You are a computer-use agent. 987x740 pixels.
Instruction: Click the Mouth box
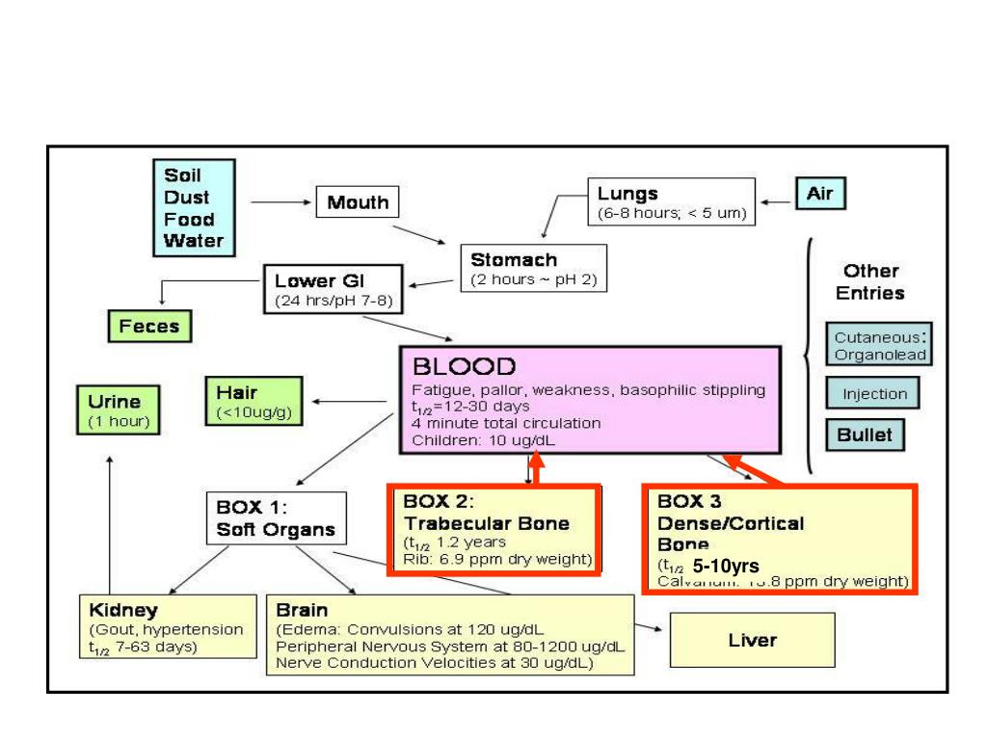click(x=358, y=202)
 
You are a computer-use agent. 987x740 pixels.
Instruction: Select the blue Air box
click(x=819, y=195)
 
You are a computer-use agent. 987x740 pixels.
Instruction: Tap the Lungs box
click(x=671, y=202)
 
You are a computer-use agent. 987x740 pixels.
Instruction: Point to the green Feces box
click(x=149, y=326)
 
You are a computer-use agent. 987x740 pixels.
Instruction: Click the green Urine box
click(x=120, y=410)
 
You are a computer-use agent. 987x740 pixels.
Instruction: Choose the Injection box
click(x=873, y=394)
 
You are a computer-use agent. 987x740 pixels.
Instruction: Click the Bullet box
click(x=864, y=435)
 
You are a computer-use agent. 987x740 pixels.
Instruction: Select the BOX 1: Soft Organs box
click(x=276, y=517)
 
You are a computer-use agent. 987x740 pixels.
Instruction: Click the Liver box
click(x=752, y=640)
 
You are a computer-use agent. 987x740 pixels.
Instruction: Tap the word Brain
click(x=302, y=610)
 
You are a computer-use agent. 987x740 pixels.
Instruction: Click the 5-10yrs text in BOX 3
click(x=726, y=566)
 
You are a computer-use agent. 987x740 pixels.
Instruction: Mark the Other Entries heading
click(x=869, y=281)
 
